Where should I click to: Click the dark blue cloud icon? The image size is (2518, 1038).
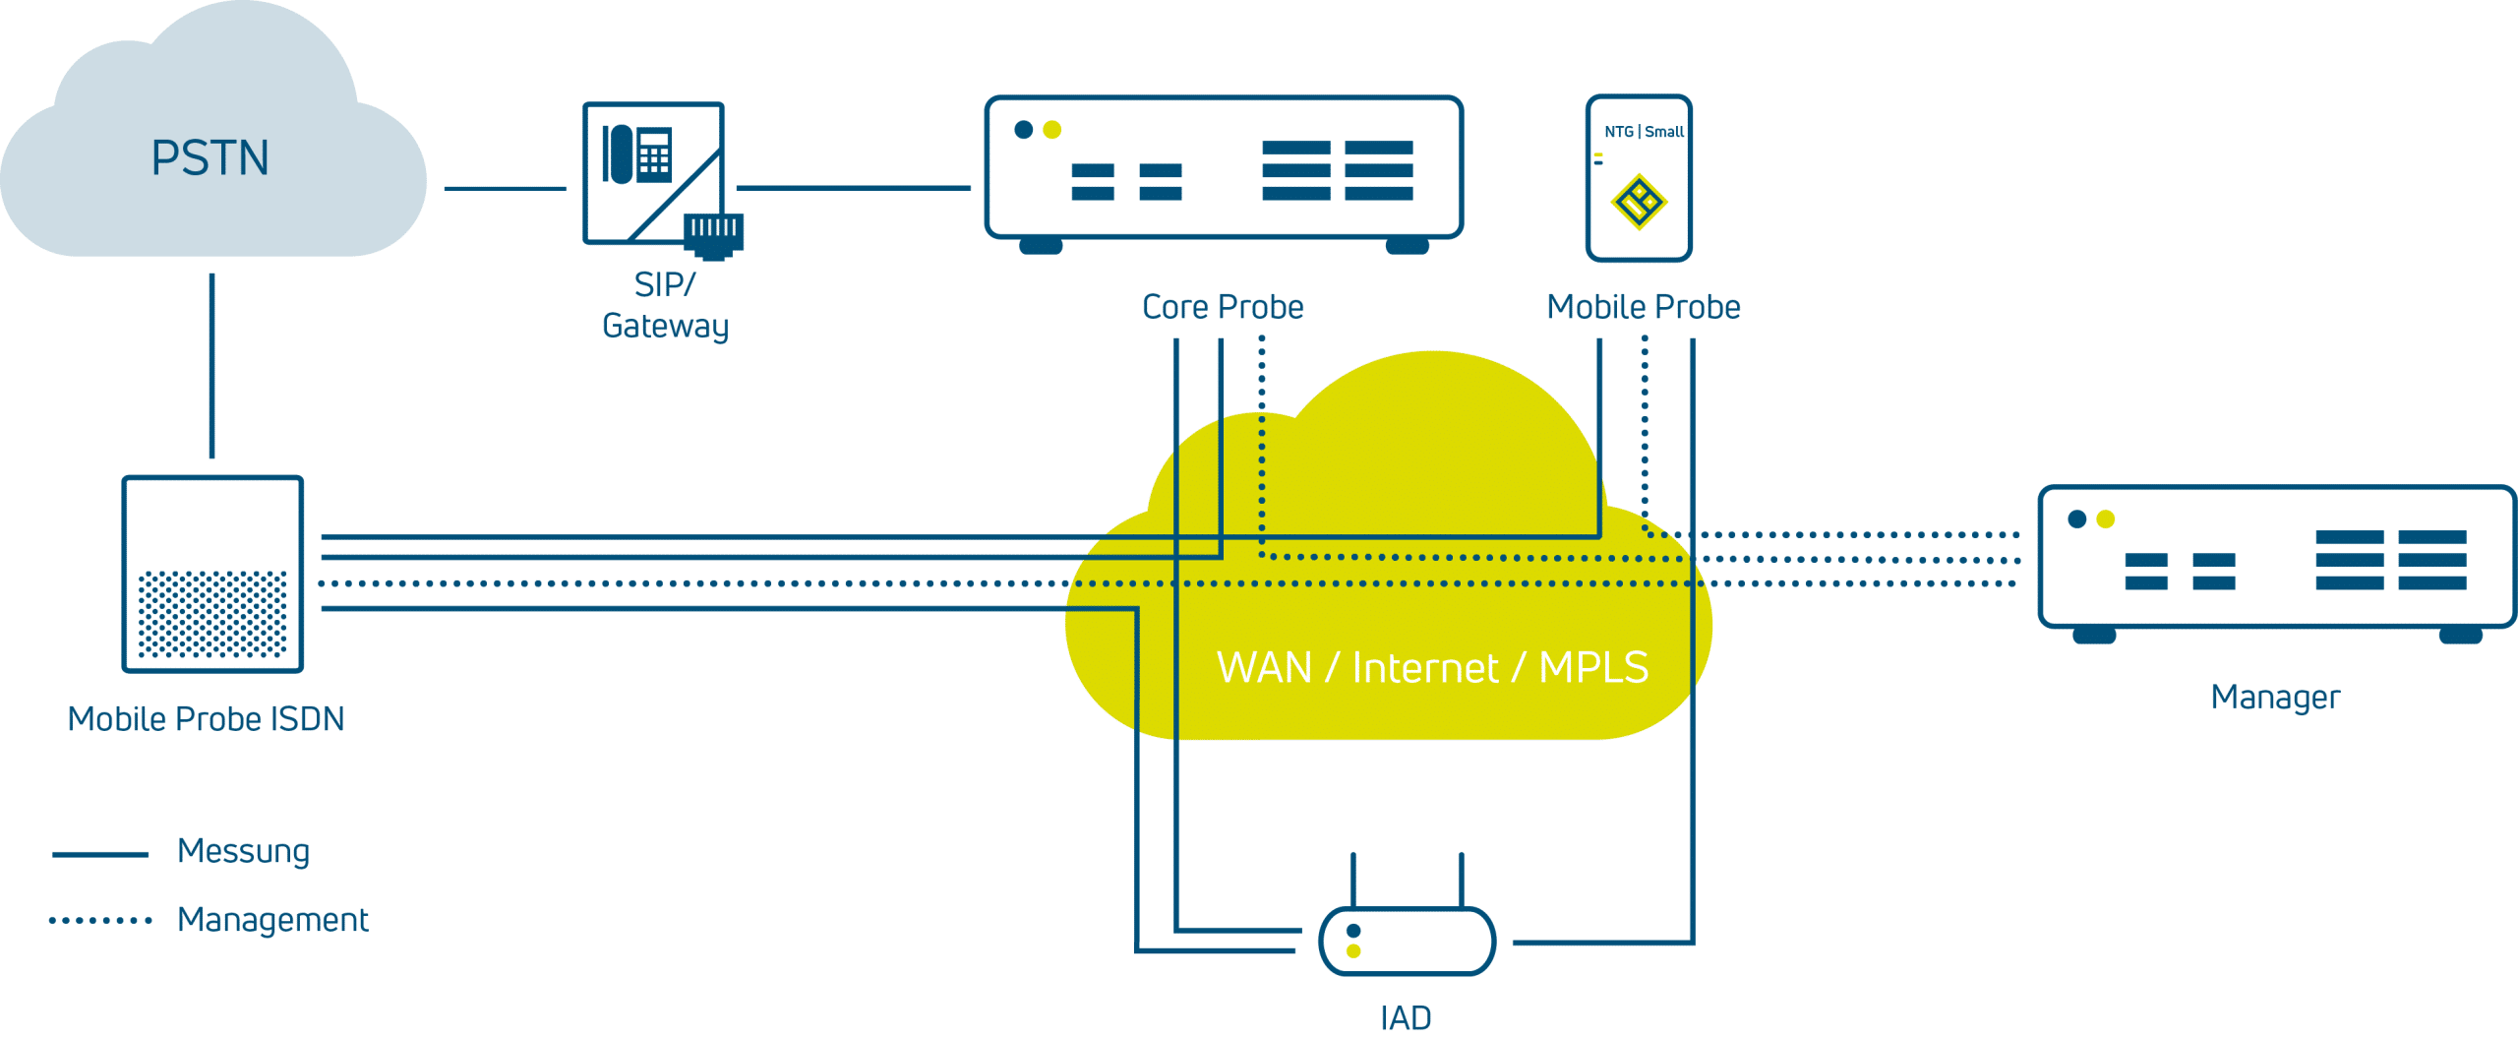[211, 148]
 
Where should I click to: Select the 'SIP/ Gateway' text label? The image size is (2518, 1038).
[665, 305]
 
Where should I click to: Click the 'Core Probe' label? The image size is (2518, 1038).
[1223, 307]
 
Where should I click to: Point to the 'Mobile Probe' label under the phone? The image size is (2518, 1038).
[1643, 307]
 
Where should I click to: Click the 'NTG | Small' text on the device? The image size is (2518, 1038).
[1644, 132]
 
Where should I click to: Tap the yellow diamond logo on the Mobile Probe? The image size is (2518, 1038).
[1638, 203]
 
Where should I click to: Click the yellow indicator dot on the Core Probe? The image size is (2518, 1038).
[1052, 130]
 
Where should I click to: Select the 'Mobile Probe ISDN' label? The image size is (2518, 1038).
[206, 719]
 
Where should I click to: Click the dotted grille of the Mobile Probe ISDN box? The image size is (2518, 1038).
[212, 614]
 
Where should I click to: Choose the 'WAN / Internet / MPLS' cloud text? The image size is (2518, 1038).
[1432, 668]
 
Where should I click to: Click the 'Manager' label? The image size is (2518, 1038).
[2275, 698]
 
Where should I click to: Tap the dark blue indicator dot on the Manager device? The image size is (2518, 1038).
[2077, 519]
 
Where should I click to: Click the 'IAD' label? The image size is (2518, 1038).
[1406, 1018]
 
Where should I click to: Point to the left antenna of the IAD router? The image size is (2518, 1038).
[1353, 880]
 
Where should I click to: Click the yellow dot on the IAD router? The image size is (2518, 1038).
[1353, 951]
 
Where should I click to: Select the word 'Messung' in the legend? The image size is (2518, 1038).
[243, 852]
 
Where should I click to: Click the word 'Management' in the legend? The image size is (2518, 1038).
[272, 920]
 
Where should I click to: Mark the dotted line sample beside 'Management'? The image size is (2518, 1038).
[100, 921]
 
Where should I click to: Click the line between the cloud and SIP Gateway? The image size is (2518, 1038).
[505, 188]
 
